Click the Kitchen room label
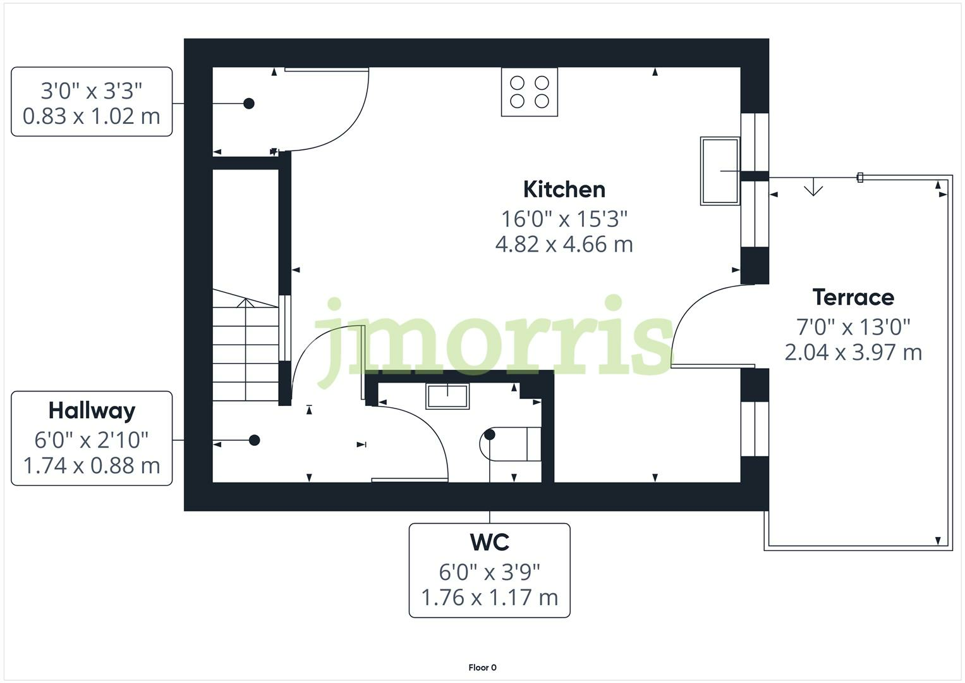pyautogui.click(x=564, y=189)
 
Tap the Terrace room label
pyautogui.click(x=853, y=297)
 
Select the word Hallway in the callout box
pyautogui.click(x=92, y=410)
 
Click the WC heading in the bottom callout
pyautogui.click(x=489, y=542)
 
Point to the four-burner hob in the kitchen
pyautogui.click(x=530, y=92)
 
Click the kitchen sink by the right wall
pyautogui.click(x=720, y=171)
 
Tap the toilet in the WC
pyautogui.click(x=511, y=443)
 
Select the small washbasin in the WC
pyautogui.click(x=447, y=397)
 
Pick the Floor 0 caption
pyautogui.click(x=482, y=667)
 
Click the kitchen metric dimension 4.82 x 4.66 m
pyautogui.click(x=564, y=244)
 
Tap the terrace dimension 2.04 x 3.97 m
pyautogui.click(x=853, y=352)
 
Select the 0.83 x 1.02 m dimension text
pyautogui.click(x=92, y=116)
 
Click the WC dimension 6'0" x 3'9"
pyautogui.click(x=489, y=572)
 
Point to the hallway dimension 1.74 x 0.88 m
pyautogui.click(x=92, y=465)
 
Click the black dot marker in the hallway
pyautogui.click(x=254, y=440)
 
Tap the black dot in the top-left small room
pyautogui.click(x=249, y=103)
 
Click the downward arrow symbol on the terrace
pyautogui.click(x=813, y=188)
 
